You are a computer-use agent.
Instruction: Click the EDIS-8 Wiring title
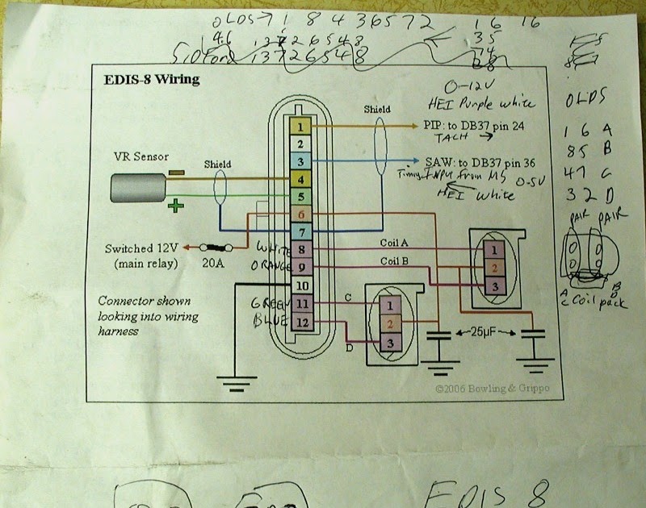(151, 81)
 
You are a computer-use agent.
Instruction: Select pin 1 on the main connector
(300, 127)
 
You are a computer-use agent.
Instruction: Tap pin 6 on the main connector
(300, 214)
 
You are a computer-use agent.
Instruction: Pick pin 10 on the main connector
(300, 285)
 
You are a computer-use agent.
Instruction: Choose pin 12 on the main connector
(300, 322)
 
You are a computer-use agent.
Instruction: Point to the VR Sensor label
(141, 156)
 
